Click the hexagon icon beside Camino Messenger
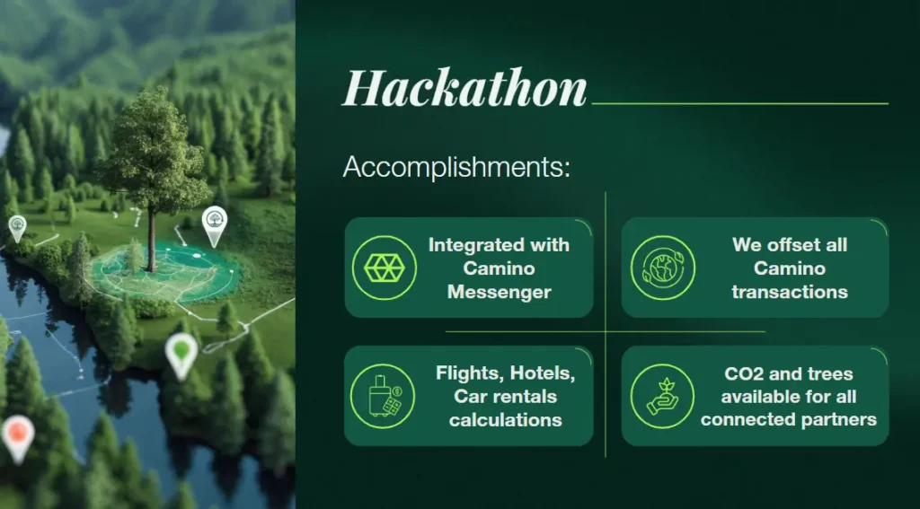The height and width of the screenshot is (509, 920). (x=384, y=268)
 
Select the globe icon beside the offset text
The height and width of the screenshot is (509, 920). (x=662, y=268)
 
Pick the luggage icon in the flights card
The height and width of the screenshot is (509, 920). (x=384, y=396)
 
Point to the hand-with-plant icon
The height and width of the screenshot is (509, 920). (x=662, y=396)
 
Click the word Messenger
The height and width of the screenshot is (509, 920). (x=499, y=292)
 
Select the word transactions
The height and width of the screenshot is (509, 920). (x=790, y=292)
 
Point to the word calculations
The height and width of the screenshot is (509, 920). (x=506, y=419)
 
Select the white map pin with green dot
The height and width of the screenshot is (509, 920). (x=181, y=352)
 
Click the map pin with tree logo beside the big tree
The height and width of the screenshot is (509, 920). (x=214, y=222)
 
